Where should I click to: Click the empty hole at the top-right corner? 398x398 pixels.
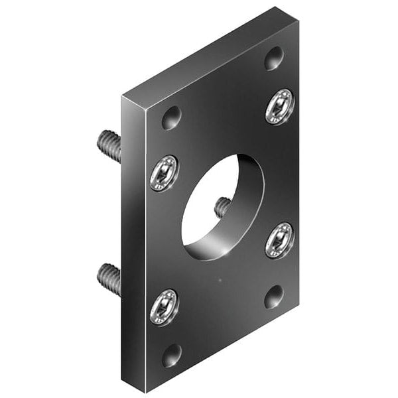(x=274, y=58)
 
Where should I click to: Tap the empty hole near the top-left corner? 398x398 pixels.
(x=171, y=118)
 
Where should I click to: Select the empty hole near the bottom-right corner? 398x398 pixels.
(x=273, y=297)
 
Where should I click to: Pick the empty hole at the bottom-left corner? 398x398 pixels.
(x=172, y=356)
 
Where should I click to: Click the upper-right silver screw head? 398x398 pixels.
(x=279, y=106)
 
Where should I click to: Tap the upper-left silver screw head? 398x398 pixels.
(x=164, y=173)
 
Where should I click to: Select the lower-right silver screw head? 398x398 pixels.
(x=279, y=240)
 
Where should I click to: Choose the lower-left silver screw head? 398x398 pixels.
(x=164, y=307)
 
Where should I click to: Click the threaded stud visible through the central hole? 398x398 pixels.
(x=223, y=208)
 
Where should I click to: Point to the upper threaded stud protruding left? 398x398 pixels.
(x=110, y=145)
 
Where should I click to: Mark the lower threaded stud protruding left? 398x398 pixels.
(x=110, y=279)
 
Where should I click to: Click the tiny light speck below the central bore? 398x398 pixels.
(x=220, y=279)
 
